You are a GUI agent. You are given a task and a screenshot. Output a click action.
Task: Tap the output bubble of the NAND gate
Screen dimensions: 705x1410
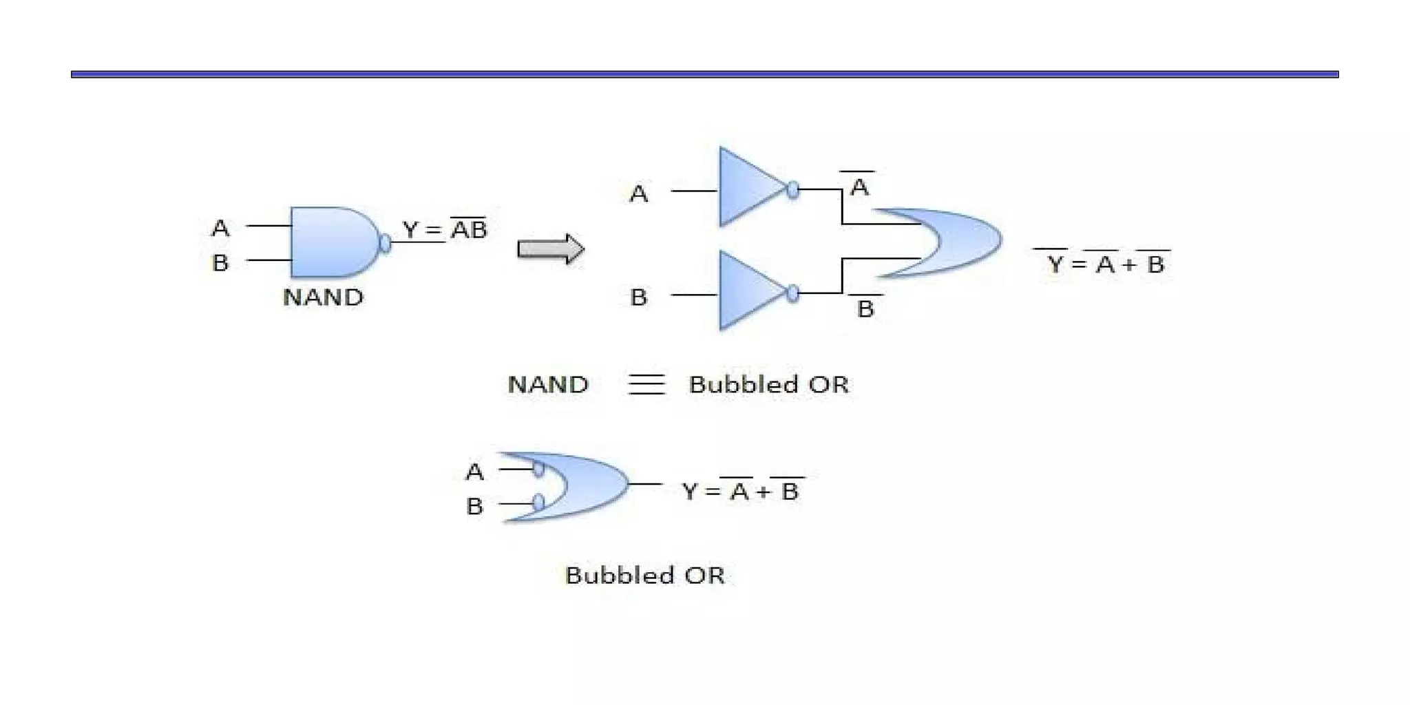[386, 243]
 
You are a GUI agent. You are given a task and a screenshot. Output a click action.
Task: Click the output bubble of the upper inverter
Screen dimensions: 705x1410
[793, 189]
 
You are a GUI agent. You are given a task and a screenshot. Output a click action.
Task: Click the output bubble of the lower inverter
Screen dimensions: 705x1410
[793, 294]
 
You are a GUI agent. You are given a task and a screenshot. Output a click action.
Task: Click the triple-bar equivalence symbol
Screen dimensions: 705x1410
[646, 384]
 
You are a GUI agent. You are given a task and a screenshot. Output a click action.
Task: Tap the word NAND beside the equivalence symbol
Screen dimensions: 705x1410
[548, 384]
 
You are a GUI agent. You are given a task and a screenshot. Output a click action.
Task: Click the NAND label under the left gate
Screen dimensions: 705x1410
[323, 297]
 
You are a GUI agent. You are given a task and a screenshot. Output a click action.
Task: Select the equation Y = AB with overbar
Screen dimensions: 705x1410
[445, 229]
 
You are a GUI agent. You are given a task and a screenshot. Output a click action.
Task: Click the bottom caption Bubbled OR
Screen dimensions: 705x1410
[645, 575]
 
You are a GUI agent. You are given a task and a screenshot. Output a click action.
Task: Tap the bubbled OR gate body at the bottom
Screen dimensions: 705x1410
[585, 486]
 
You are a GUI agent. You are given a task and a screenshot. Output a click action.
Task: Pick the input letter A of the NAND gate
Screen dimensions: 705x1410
[220, 228]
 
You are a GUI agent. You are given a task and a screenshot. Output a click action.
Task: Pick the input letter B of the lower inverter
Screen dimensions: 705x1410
[639, 297]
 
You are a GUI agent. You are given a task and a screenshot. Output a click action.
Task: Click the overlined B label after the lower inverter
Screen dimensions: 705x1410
[865, 308]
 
